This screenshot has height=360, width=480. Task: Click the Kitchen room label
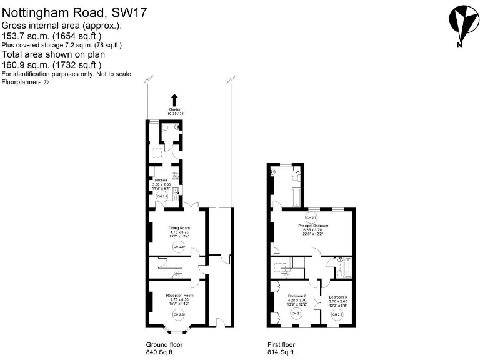click(161, 180)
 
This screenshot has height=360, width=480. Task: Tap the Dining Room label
click(179, 228)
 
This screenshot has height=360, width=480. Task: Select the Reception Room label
click(179, 295)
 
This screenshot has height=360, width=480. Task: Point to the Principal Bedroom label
click(313, 226)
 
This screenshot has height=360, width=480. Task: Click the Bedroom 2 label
click(296, 296)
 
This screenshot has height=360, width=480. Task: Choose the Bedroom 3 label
click(337, 296)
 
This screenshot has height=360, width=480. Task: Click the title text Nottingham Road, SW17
click(74, 11)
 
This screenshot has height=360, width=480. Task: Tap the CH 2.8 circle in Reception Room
click(179, 314)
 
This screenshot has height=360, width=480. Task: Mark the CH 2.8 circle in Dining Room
click(179, 247)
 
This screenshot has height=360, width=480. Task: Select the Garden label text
click(174, 109)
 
